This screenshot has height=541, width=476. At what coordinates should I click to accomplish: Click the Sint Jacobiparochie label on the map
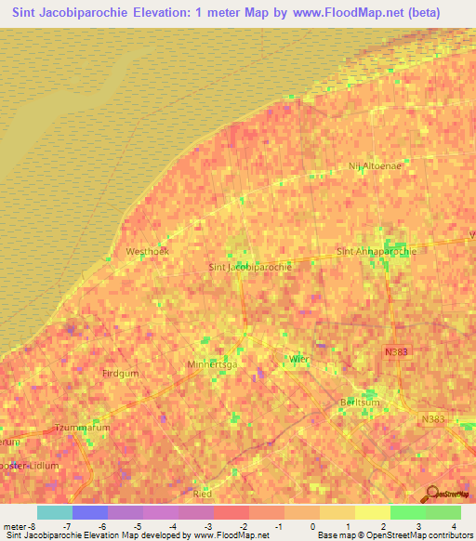pyautogui.click(x=251, y=267)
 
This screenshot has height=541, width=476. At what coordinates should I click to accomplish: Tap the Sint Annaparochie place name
pyautogui.click(x=376, y=251)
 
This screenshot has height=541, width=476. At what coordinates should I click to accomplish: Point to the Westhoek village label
pyautogui.click(x=147, y=252)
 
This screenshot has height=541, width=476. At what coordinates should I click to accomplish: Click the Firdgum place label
pyautogui.click(x=118, y=373)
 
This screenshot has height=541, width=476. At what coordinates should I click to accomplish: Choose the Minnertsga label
pyautogui.click(x=212, y=364)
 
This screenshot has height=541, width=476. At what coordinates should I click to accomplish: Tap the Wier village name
pyautogui.click(x=299, y=359)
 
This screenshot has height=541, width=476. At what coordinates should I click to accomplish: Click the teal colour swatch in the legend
pyautogui.click(x=54, y=512)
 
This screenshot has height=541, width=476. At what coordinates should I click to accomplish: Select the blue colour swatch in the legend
pyautogui.click(x=89, y=512)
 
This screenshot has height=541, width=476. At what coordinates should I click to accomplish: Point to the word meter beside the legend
pyautogui.click(x=15, y=527)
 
